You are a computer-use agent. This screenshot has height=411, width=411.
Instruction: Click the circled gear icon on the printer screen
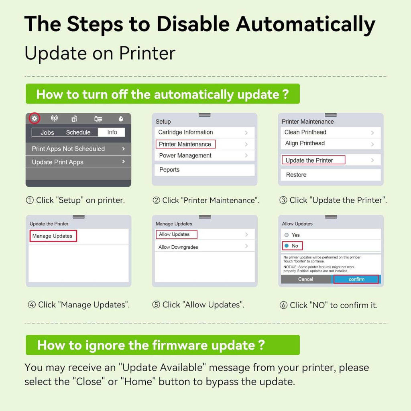point(35,118)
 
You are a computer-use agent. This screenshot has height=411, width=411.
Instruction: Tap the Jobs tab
point(47,132)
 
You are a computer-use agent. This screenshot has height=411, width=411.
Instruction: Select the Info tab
point(112,132)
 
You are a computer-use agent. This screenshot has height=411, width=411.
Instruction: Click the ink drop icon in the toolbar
point(121,119)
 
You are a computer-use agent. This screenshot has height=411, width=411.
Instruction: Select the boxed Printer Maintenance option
point(185,144)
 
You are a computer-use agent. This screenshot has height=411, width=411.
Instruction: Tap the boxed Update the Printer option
point(313,160)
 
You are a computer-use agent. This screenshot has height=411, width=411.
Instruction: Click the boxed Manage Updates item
point(53,236)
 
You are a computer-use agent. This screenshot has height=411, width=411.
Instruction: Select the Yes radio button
point(287,235)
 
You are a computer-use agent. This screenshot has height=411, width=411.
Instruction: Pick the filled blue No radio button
point(287,246)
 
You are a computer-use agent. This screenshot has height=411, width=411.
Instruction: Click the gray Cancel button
point(305,279)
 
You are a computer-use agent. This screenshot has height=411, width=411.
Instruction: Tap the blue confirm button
point(356,279)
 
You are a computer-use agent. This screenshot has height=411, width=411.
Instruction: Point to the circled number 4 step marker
point(32,305)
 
